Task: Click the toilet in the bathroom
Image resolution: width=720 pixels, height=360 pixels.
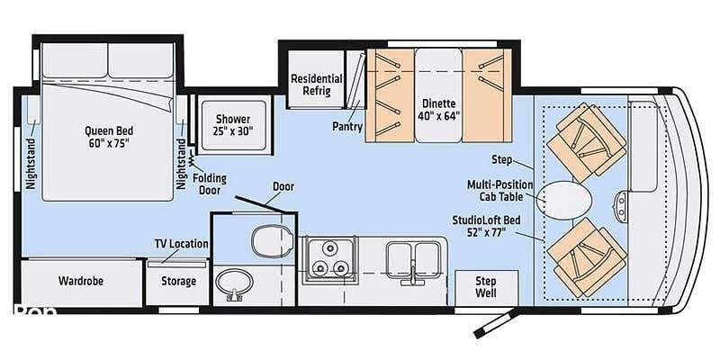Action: tap(273, 241)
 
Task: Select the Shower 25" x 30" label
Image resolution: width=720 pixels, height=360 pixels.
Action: tap(234, 125)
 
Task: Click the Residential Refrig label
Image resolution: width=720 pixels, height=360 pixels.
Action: tap(317, 85)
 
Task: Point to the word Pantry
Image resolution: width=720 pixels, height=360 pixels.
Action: tap(347, 127)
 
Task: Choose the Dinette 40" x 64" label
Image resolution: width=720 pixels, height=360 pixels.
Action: tap(438, 110)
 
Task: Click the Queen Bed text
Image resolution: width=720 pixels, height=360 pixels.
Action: tap(109, 130)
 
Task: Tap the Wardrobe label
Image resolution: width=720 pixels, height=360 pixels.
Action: tap(81, 281)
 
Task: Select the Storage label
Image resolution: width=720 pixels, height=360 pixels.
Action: tap(178, 281)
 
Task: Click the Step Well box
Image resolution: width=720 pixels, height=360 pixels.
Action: tap(486, 287)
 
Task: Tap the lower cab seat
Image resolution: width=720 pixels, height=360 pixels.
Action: tap(587, 257)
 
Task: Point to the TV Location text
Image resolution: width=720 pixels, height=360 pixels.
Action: tap(182, 244)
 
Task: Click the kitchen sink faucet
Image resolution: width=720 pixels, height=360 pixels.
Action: tap(413, 274)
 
